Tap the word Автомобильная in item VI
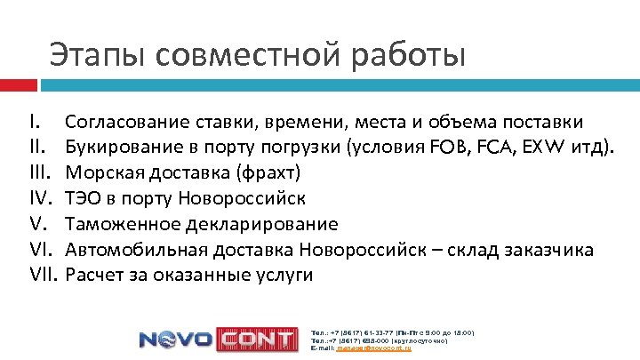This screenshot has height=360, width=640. [x=134, y=249]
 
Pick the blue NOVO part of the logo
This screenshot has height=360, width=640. [x=174, y=340]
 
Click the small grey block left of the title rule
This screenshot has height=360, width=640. [x=19, y=85]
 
